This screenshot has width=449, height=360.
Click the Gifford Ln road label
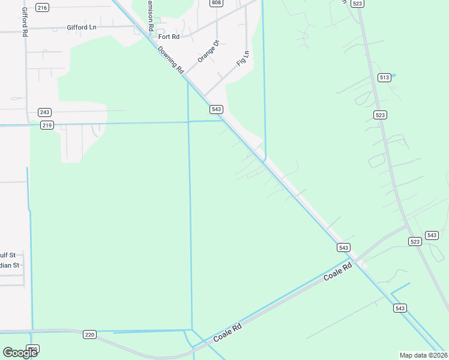tap(82, 28)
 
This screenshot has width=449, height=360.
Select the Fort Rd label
tap(169, 37)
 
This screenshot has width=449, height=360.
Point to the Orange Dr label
tap(209, 51)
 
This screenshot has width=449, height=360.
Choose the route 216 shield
tap(42, 7)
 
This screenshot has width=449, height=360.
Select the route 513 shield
tap(385, 77)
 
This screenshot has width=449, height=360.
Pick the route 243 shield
tap(44, 112)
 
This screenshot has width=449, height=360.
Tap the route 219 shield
tap(47, 125)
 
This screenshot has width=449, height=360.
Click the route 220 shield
tap(89, 335)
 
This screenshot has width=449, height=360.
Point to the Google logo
tap(20, 352)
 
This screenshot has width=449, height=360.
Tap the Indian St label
tap(10, 265)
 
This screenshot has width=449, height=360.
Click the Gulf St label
tap(10, 254)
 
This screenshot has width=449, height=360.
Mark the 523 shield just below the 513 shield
tap(379, 115)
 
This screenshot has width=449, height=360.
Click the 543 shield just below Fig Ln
tap(217, 109)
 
